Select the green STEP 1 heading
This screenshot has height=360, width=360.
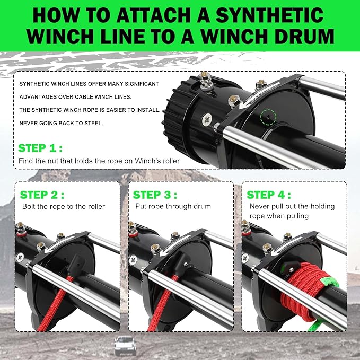(40, 148)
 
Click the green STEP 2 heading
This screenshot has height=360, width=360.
(42, 195)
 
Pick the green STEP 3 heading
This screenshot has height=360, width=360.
(155, 195)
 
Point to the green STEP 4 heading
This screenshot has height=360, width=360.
(269, 195)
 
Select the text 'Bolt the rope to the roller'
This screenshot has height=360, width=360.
(64, 206)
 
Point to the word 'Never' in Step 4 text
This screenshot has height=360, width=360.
(258, 206)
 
